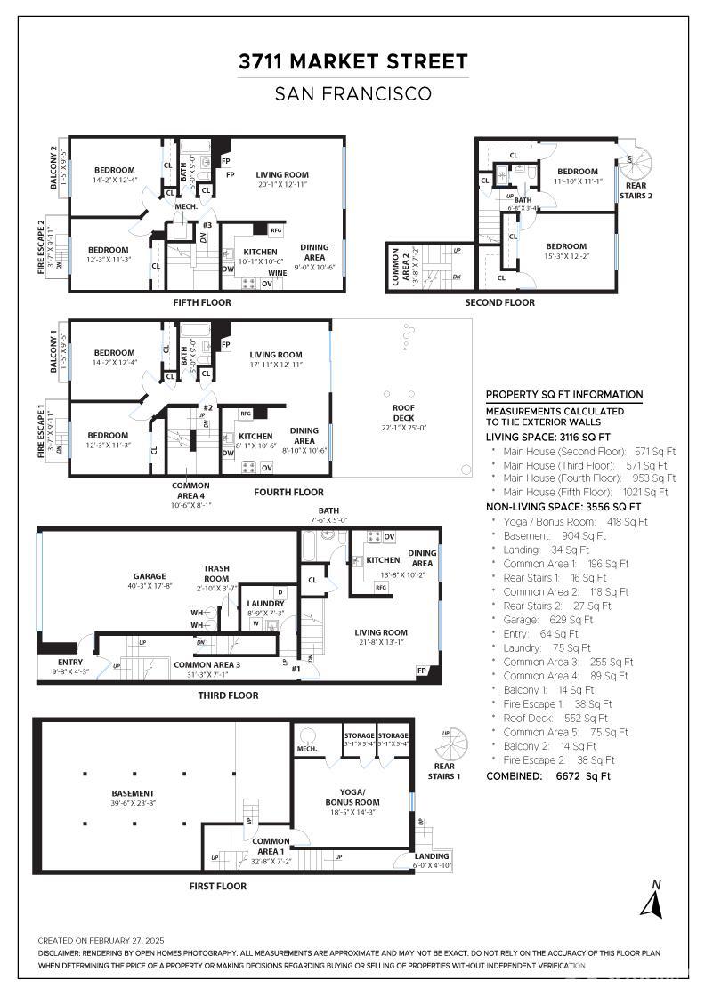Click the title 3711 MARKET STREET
pos(352,61)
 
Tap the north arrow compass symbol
pos(653,900)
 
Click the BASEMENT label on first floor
pos(133,793)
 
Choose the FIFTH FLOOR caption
pos(202,302)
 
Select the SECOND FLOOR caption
pos(499,302)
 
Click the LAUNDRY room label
pos(265,604)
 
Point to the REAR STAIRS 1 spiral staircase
pos(458,745)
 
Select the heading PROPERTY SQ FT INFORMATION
pos(563,395)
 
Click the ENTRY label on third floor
pos(70,662)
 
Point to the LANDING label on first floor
pos(432,856)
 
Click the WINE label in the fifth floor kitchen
pos(277,273)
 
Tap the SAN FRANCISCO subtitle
pos(352,93)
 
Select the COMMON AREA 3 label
pos(207,664)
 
